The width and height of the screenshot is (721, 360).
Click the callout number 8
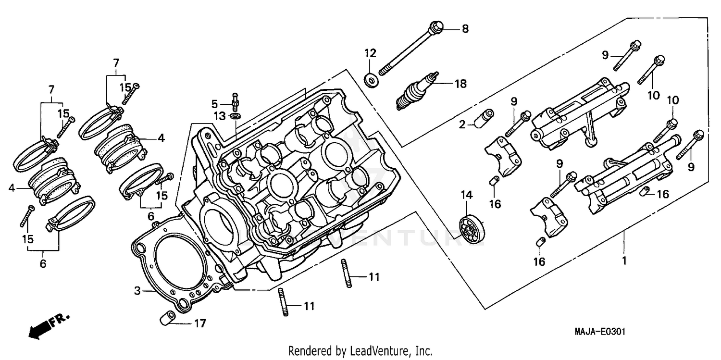point(465,29)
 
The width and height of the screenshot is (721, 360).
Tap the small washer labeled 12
point(371,80)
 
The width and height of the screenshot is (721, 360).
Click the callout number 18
point(460,84)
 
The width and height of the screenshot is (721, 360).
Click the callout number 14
point(467,195)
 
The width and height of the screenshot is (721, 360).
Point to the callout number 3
point(137,291)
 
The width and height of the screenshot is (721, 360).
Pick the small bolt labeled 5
point(235,100)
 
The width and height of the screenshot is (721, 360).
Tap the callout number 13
point(219,116)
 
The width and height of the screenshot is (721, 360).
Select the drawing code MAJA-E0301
point(596,332)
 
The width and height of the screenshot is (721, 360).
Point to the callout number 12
point(370,52)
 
